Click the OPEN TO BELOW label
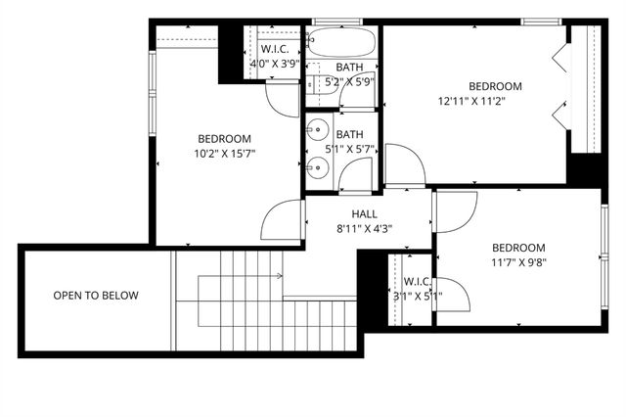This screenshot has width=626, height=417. [96, 296]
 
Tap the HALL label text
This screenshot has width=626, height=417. [364, 214]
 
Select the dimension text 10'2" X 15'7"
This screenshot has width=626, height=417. [225, 153]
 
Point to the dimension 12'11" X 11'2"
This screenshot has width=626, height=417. [480, 101]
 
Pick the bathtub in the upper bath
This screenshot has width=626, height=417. [340, 44]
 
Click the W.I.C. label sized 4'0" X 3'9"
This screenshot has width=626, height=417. [273, 49]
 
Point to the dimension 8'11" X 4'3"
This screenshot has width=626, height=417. [364, 230]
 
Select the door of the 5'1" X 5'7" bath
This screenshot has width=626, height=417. [356, 174]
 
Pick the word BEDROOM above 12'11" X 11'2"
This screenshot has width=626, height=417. [495, 86]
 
